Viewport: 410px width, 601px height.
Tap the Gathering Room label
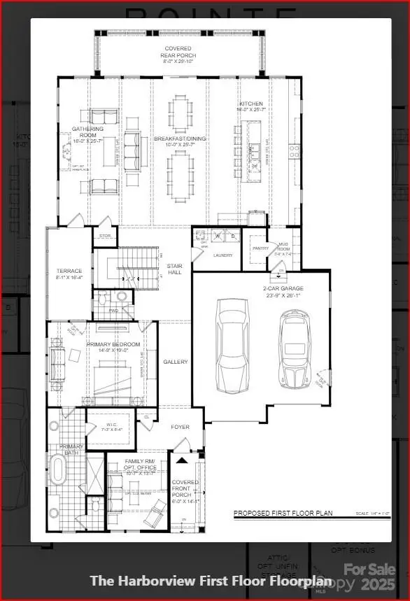[88, 133]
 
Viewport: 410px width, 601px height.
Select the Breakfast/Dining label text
[181, 142]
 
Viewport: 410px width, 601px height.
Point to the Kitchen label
[250, 106]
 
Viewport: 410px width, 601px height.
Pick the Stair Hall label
[175, 268]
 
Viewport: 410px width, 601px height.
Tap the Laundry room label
[222, 255]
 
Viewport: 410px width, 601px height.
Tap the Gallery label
[175, 362]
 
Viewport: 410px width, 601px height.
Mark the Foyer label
[181, 426]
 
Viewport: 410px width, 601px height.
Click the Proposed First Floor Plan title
[283, 514]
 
